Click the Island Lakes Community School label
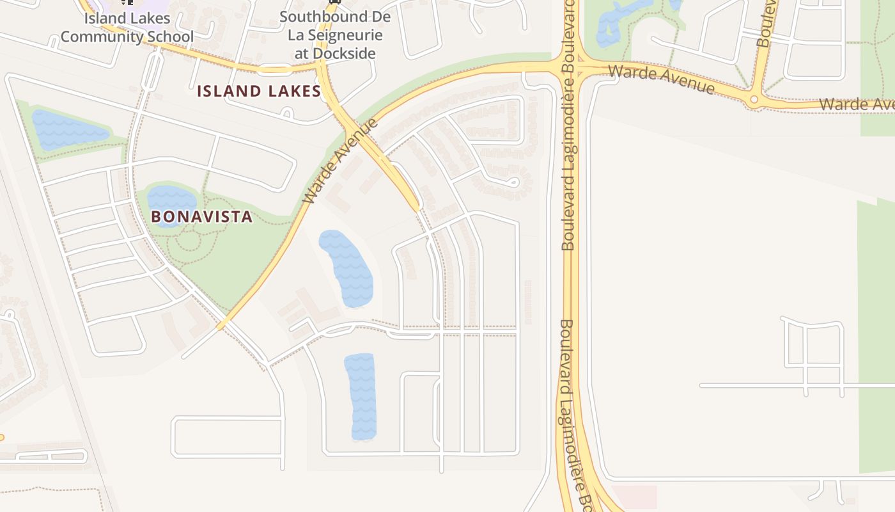[127, 28]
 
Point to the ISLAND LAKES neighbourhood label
[258, 92]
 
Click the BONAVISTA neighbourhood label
[202, 217]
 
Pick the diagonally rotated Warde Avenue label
[340, 161]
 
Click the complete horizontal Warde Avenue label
[661, 78]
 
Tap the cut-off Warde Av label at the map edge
[857, 104]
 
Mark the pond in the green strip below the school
[67, 129]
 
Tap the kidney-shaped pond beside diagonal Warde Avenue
[346, 268]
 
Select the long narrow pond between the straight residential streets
[361, 397]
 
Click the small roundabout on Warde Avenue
[754, 99]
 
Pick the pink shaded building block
[634, 496]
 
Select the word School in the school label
[170, 36]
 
